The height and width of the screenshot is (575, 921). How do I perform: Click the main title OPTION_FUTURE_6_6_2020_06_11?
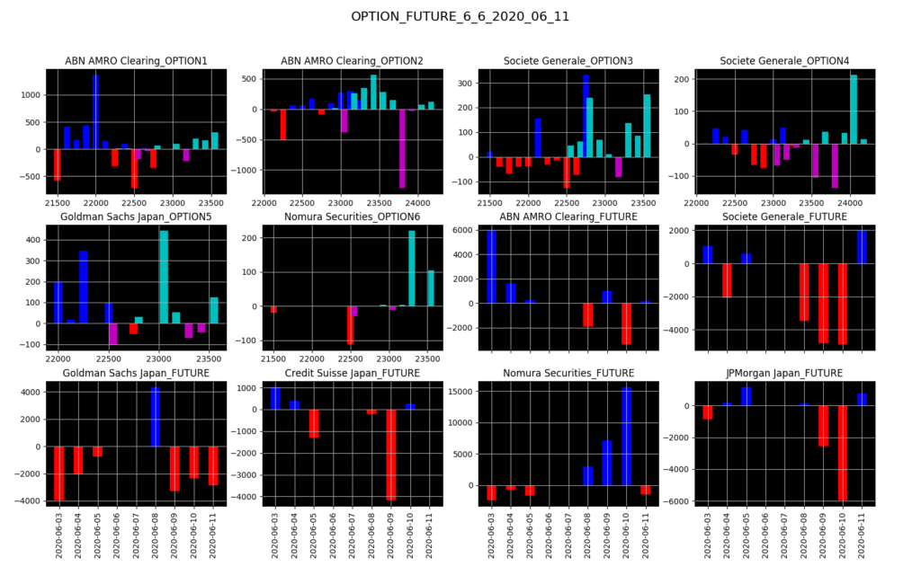pos(460,17)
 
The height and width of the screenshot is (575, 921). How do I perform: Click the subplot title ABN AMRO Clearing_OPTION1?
pos(136,61)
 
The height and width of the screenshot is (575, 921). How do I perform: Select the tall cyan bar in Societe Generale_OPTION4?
pos(854,109)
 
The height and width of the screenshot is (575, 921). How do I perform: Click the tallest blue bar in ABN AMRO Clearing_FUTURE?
pos(491,267)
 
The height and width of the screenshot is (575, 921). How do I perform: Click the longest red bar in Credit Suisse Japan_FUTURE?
pos(391,455)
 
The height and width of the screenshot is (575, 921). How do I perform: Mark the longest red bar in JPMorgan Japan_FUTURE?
pos(843,453)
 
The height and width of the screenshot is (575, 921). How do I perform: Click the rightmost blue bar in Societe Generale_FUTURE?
pos(862,247)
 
